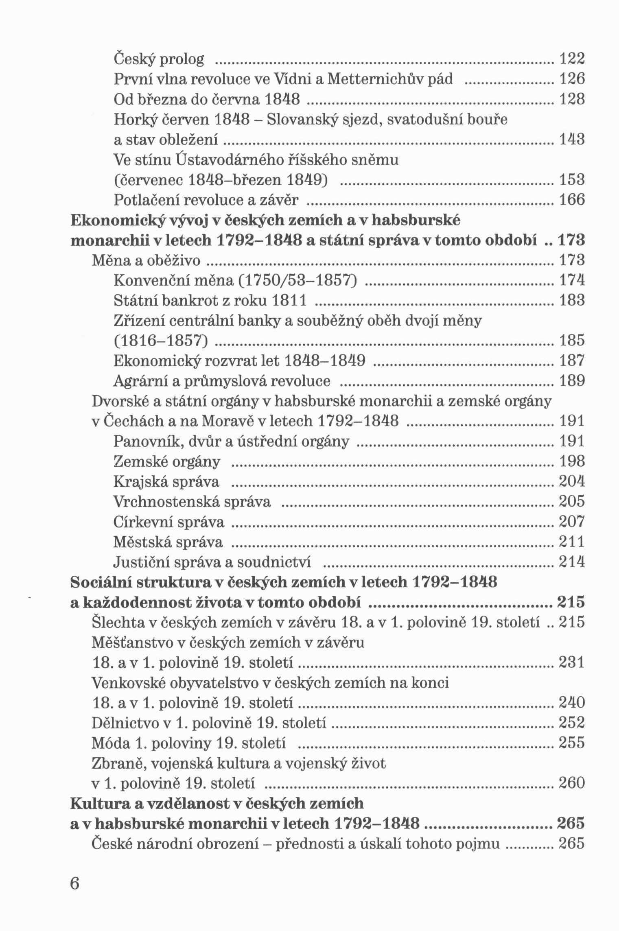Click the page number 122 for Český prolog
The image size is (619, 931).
[572, 59]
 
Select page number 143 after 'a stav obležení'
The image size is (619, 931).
[572, 140]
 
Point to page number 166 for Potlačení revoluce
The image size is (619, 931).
[572, 200]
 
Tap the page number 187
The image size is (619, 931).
[572, 361]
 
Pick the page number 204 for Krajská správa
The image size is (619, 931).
[572, 481]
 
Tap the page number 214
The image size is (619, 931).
[572, 562]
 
